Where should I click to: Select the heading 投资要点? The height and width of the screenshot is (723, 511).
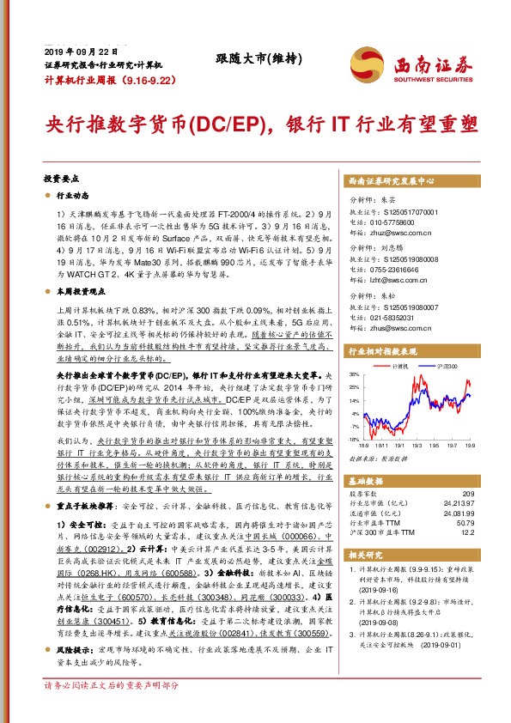coord(61,179)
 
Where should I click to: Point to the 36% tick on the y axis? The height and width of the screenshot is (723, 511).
coord(354,375)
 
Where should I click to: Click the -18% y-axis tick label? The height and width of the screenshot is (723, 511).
coord(354,438)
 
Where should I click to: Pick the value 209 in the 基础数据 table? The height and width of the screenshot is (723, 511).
coord(468,493)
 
